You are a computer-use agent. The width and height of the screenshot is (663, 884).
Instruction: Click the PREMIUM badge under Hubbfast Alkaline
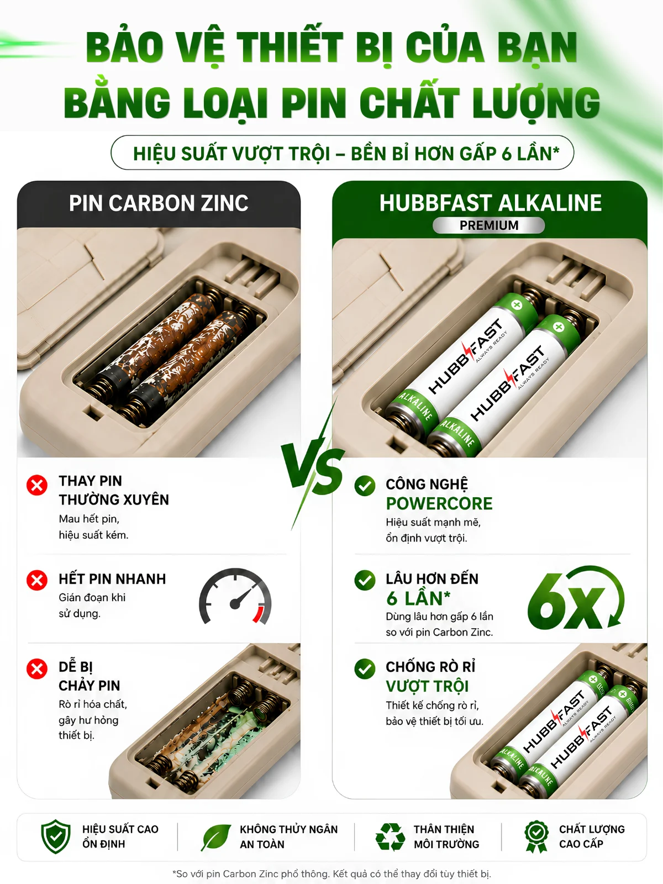489,225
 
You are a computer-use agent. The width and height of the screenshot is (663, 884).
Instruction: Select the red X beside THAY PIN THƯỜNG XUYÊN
37,485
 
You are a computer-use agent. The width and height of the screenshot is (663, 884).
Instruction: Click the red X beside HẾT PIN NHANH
37,580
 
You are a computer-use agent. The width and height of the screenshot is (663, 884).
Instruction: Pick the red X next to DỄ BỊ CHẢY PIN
37,669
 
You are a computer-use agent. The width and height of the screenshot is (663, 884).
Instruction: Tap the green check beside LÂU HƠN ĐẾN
365,580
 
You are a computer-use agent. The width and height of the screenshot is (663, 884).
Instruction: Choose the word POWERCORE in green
439,503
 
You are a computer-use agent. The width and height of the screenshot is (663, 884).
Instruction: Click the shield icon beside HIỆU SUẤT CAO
56,836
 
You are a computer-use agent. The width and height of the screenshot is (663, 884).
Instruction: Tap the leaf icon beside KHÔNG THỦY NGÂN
216,837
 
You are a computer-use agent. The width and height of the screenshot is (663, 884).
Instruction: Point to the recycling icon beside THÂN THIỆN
390,837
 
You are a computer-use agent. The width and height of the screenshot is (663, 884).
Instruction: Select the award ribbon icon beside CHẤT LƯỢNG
536,837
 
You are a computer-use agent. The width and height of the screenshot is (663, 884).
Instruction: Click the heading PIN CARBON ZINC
159,203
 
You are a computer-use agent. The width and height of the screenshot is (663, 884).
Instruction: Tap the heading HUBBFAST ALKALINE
490,203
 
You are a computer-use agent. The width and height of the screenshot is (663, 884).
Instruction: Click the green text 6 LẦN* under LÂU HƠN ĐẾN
418,599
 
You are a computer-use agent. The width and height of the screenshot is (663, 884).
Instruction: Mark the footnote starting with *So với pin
331,874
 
